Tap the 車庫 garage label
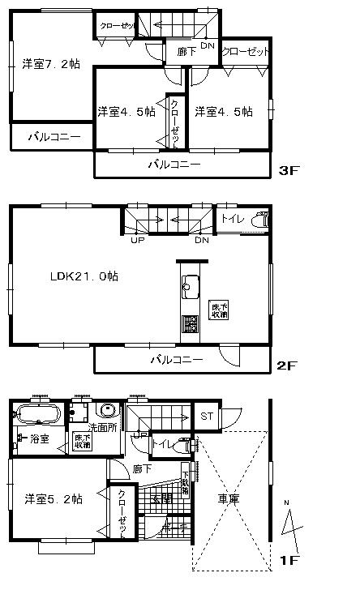pyautogui.click(x=228, y=500)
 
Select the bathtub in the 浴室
pyautogui.click(x=37, y=417)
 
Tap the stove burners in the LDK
pyautogui.click(x=190, y=323)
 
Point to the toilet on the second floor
pyautogui.click(x=260, y=220)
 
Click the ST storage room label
pyautogui.click(x=207, y=417)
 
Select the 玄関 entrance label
pyautogui.click(x=161, y=498)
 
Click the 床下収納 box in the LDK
pyautogui.click(x=219, y=310)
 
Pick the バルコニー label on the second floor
pyautogui.click(x=174, y=358)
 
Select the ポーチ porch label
pyautogui.click(x=176, y=528)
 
